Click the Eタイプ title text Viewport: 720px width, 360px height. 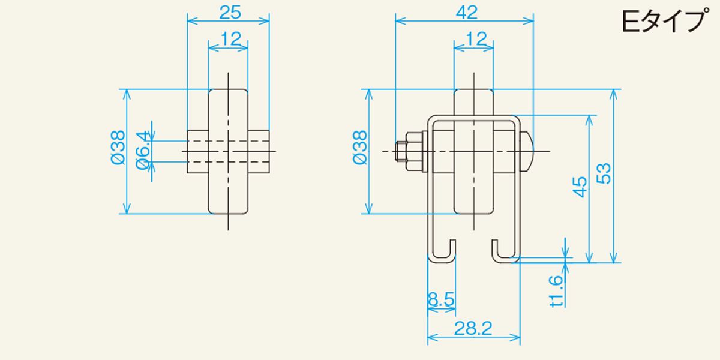click(665, 21)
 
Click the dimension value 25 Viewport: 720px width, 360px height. click(230, 13)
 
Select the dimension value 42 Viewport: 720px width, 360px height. click(467, 13)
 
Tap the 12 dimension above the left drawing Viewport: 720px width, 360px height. click(231, 39)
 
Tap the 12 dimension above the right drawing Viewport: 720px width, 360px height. click(476, 39)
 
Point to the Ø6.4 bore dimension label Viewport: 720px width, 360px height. click(143, 150)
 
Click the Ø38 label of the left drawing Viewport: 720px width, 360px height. click(118, 148)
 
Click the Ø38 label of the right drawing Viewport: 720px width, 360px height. click(359, 148)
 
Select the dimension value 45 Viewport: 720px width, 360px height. click(579, 187)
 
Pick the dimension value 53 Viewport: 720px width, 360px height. click(604, 174)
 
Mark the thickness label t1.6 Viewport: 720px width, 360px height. click(556, 291)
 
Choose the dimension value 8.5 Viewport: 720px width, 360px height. click(442, 299)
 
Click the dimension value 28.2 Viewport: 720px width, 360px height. click(473, 329)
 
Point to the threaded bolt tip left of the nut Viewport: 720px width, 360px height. click(401, 151)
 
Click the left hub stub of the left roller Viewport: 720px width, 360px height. click(197, 151)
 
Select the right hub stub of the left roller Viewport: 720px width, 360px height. click(259, 151)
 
